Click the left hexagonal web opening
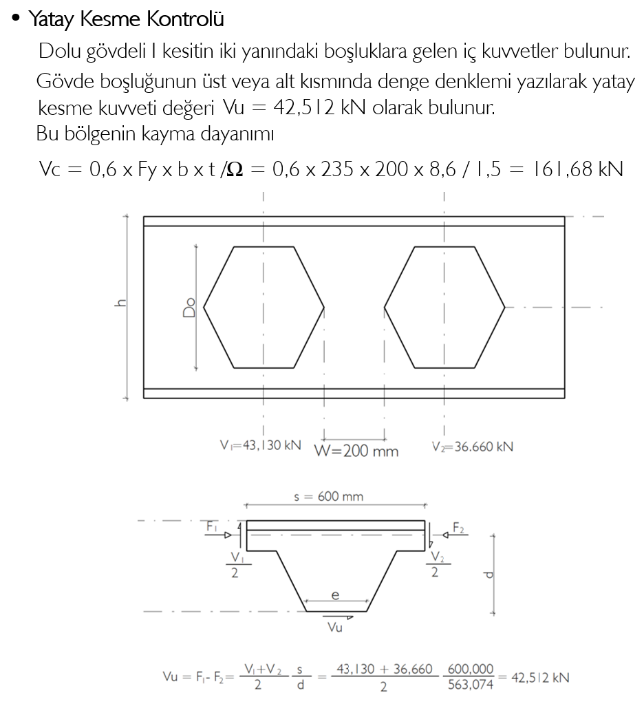click(264, 306)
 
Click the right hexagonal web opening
click(444, 306)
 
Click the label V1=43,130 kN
click(256, 446)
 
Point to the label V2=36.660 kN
click(473, 446)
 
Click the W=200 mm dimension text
click(356, 451)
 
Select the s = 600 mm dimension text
click(329, 496)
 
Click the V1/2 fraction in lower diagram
click(236, 564)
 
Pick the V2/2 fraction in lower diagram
click(435, 564)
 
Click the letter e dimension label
click(335, 595)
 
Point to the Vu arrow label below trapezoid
click(336, 626)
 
